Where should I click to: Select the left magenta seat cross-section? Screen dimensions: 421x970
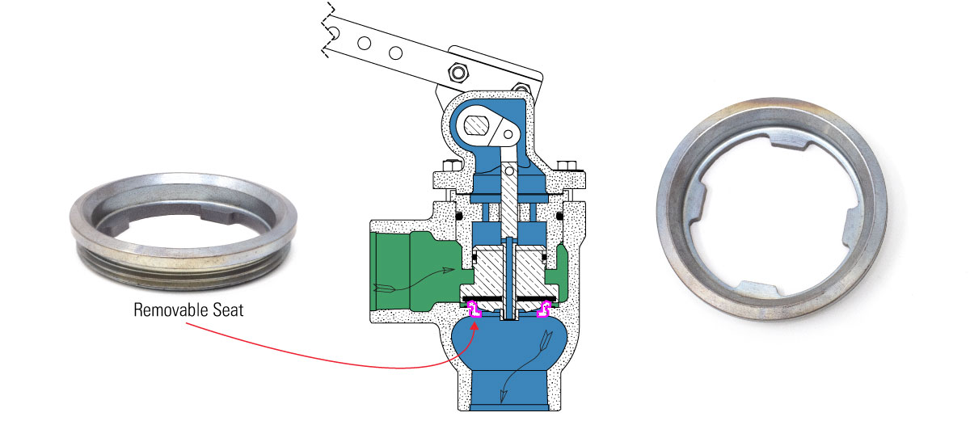(473, 308)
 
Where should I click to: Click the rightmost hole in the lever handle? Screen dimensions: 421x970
(395, 53)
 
